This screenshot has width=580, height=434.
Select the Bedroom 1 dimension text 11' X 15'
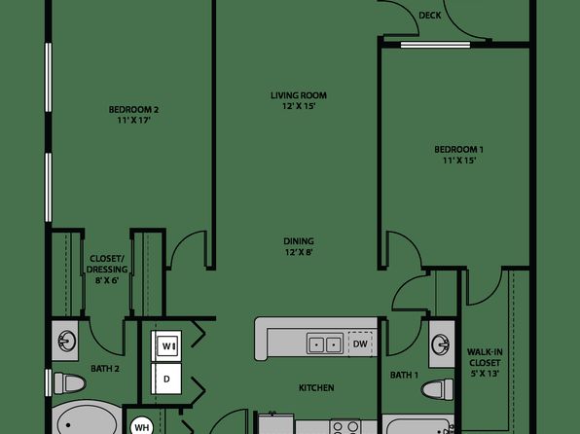pos(459,161)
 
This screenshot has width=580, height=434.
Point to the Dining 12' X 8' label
pos(299,247)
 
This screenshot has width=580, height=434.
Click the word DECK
pos(430,16)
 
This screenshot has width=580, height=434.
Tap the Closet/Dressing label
pos(107,269)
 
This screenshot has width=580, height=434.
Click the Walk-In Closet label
pos(485,363)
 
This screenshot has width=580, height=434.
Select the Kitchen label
pos(316,387)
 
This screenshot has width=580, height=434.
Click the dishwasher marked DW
pos(360,344)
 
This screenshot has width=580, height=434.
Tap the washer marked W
pos(166,346)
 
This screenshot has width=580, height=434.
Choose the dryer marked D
pos(166,379)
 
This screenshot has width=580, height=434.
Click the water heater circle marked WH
pos(142,427)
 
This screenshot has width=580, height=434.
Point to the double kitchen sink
pos(324,344)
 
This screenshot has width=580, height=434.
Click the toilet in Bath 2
pos(69,383)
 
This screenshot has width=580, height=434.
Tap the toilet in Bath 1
pos(438,389)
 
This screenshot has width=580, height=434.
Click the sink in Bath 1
pos(440,344)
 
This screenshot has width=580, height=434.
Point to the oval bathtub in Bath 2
pos(87,418)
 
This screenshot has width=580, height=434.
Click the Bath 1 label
pos(404,376)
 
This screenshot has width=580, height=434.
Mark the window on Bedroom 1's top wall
pos(435,45)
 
